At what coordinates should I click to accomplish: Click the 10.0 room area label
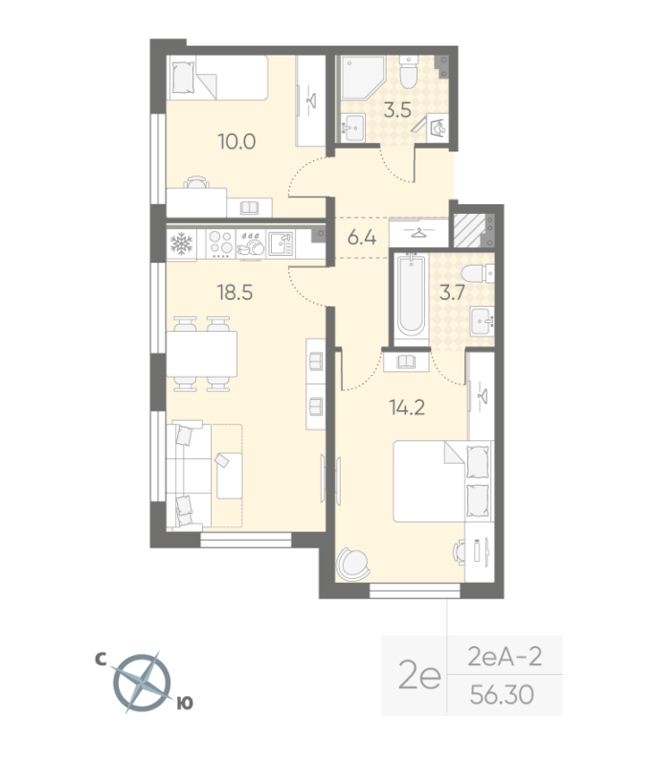(x=236, y=142)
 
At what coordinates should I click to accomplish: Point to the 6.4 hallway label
(x=361, y=237)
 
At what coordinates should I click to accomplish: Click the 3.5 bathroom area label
(x=396, y=110)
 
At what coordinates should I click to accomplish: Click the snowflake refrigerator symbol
(x=181, y=244)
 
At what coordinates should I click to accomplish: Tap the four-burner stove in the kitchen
(x=219, y=244)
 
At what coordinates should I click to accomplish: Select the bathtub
(x=410, y=293)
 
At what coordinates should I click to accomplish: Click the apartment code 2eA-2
(x=504, y=657)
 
